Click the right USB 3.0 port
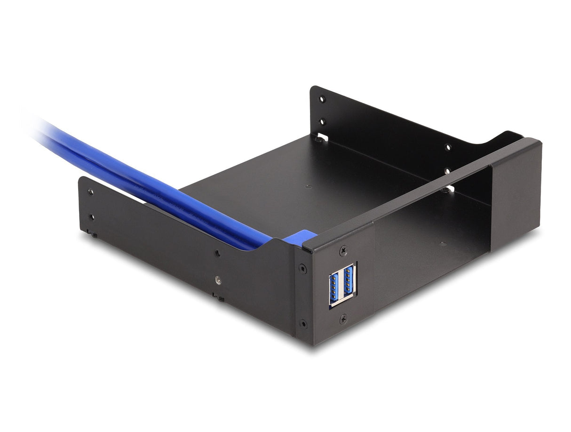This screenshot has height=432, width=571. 348,283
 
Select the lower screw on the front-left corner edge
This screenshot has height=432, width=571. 303,324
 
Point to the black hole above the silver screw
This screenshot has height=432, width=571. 217,253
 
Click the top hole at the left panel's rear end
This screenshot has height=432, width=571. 90,192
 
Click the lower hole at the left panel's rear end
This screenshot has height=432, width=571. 92,217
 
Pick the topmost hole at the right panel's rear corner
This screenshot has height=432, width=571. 322,99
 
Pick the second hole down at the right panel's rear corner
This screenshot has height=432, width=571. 322,122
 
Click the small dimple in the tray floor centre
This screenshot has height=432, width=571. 308,186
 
